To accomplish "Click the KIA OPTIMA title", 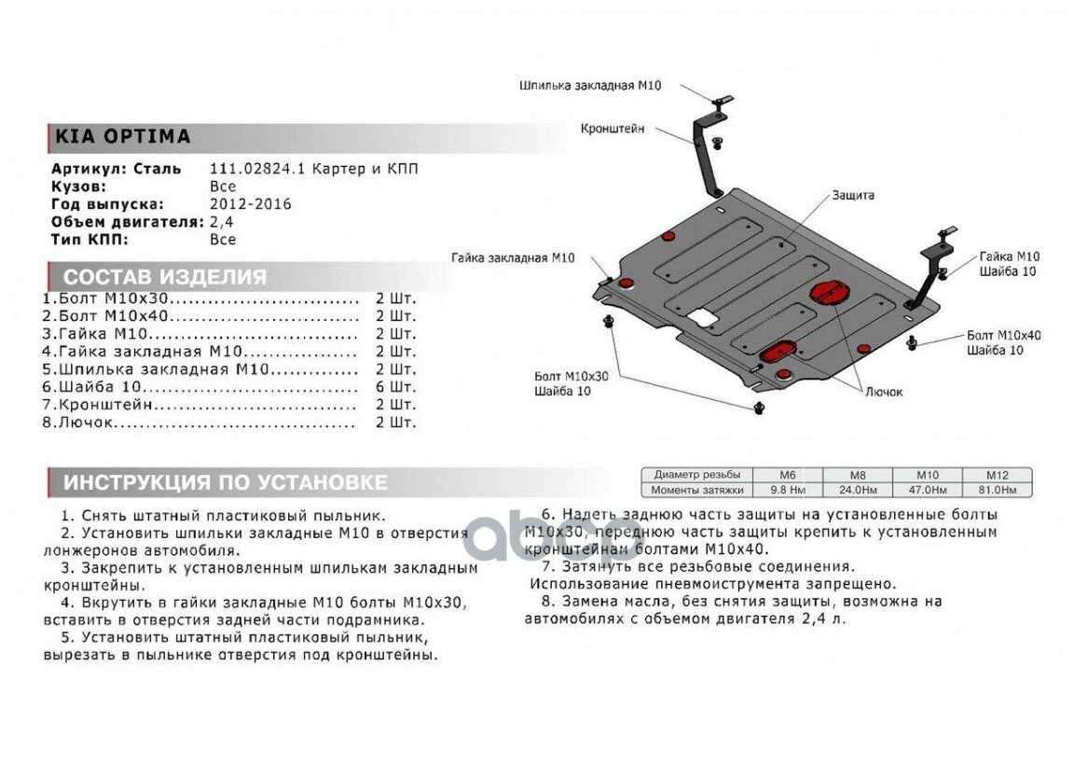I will click(122, 137).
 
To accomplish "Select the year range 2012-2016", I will click(250, 204).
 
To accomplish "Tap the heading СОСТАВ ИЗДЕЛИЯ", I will click(164, 277).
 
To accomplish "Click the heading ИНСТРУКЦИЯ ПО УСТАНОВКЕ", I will click(225, 482).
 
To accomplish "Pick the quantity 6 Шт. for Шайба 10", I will click(395, 387).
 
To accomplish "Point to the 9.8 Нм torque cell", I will click(787, 489).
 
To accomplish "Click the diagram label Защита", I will click(853, 196).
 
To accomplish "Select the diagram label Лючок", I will click(883, 392).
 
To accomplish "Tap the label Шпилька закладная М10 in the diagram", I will click(590, 85).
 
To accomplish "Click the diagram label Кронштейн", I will click(613, 129).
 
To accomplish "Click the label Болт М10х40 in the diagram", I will click(1003, 335).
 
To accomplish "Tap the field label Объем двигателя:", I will click(128, 222).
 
